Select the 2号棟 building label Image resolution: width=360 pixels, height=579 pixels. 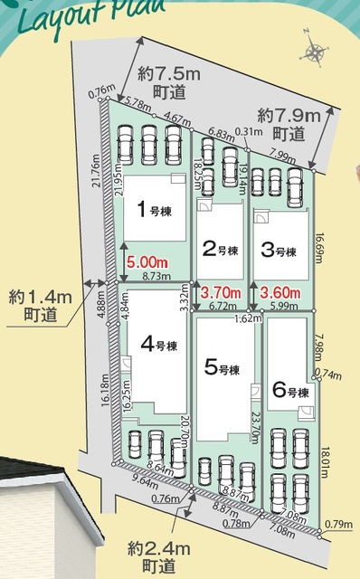(x=220, y=249)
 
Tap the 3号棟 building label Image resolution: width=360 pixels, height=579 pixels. (x=279, y=249)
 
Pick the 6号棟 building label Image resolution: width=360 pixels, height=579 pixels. (x=290, y=391)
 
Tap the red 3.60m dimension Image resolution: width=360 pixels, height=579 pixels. (x=279, y=292)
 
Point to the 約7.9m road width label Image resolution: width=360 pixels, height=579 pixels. (x=284, y=124)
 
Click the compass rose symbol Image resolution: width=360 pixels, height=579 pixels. (x=316, y=52)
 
